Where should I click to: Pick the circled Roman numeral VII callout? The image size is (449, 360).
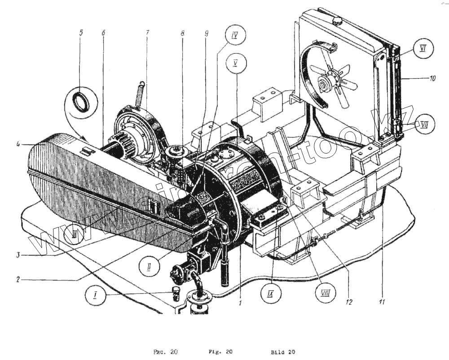424,124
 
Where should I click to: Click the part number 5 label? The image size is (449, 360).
81,33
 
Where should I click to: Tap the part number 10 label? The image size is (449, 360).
432,78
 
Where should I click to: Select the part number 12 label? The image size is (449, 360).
348,302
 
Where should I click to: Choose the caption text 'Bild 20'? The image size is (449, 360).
283,352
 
